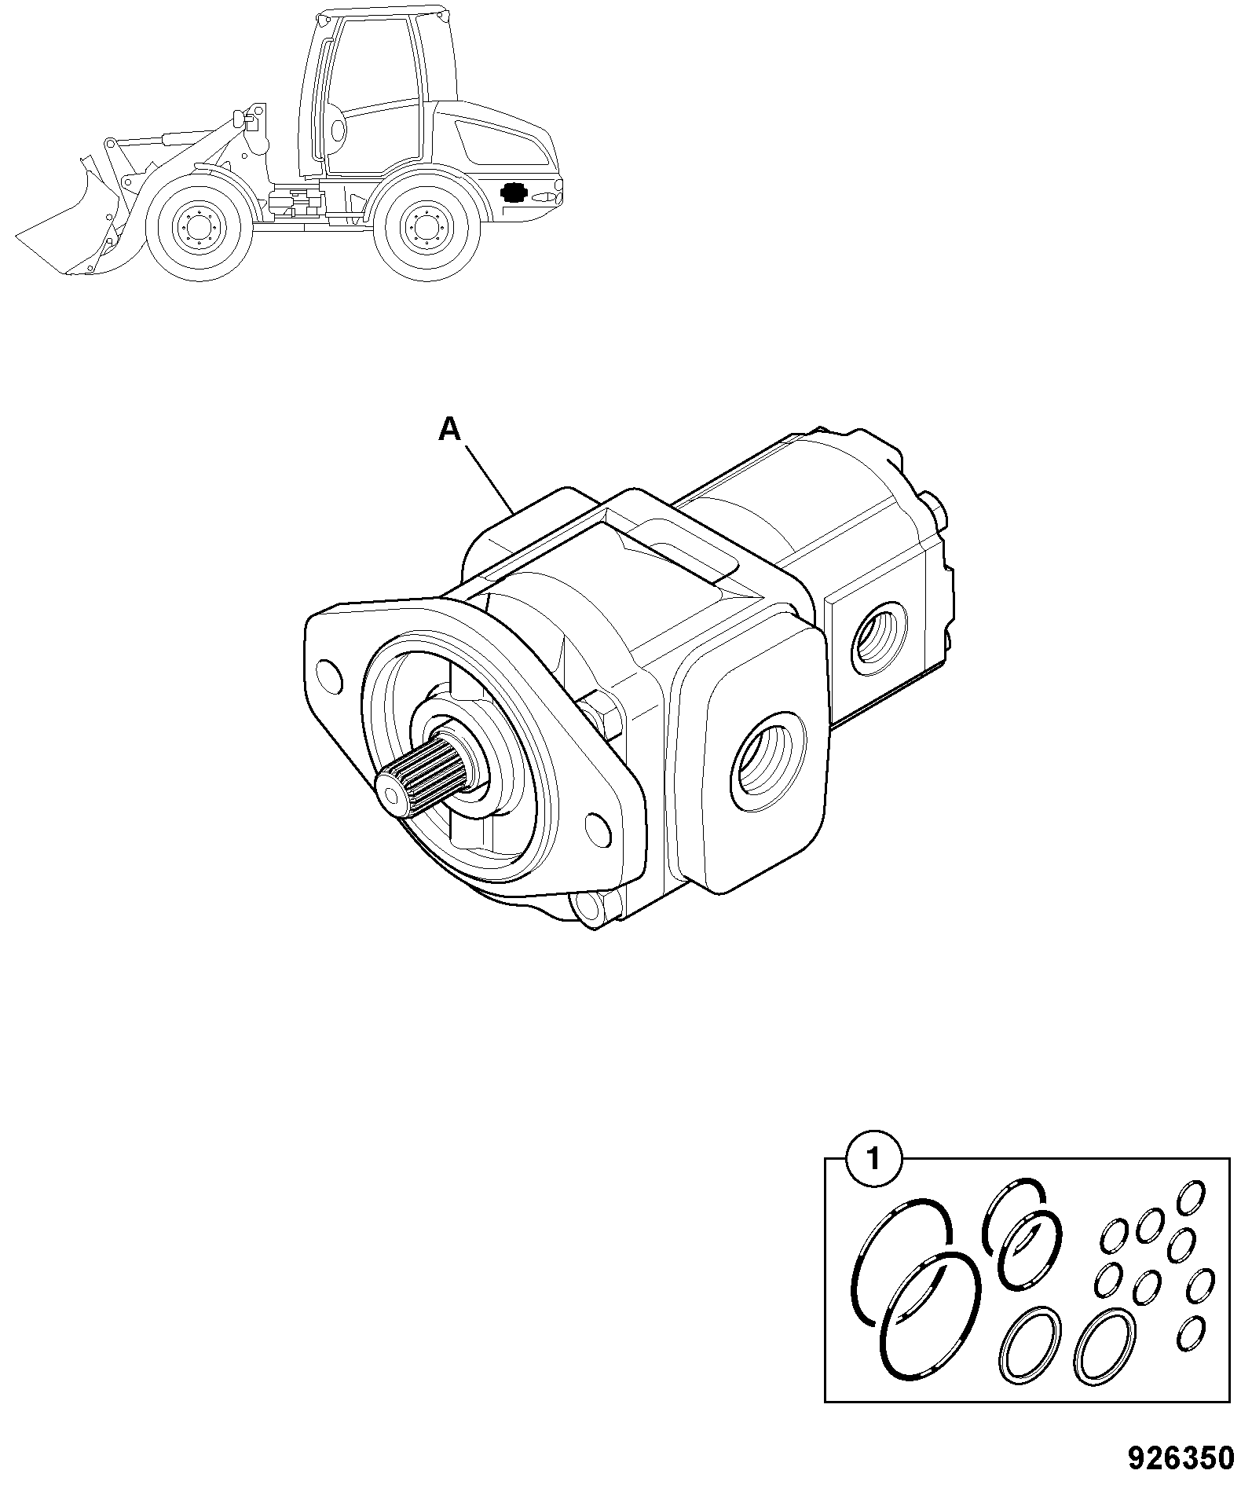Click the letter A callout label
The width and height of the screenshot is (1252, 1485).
(x=448, y=429)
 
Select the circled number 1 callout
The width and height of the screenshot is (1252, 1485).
(x=872, y=1159)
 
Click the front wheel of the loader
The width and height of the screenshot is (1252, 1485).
(x=198, y=229)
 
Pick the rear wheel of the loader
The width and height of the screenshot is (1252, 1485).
(x=426, y=229)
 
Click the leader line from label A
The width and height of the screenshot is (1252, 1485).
(x=491, y=479)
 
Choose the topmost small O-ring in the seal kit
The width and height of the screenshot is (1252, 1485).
(x=1192, y=1196)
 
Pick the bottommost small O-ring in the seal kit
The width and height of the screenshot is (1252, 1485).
(x=1192, y=1333)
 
